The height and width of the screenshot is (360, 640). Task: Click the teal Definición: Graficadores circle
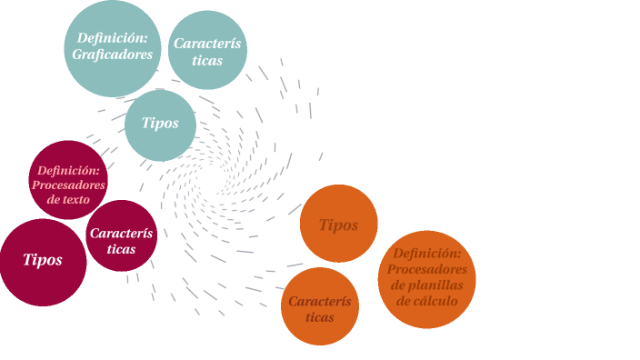pyautogui.click(x=112, y=47)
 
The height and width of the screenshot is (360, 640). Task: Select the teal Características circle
pyautogui.click(x=208, y=50)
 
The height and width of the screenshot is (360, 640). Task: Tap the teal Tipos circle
pyautogui.click(x=160, y=125)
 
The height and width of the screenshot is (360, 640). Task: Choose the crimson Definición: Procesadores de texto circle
pyautogui.click(x=68, y=180)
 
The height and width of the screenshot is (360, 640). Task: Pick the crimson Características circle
pyautogui.click(x=121, y=235)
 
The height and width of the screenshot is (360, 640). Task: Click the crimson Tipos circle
pyautogui.click(x=43, y=262)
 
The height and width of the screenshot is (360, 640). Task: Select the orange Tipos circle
pyautogui.click(x=338, y=223)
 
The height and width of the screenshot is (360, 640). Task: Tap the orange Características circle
pyautogui.click(x=319, y=307)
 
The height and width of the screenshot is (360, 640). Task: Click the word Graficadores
pyautogui.click(x=112, y=55)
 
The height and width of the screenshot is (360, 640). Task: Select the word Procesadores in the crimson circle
pyautogui.click(x=69, y=185)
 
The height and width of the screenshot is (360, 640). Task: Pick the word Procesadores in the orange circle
pyautogui.click(x=427, y=269)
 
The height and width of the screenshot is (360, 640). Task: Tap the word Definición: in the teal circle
pyautogui.click(x=112, y=38)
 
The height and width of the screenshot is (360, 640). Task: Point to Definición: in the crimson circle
pyautogui.click(x=68, y=170)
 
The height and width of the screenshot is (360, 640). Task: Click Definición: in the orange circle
pyautogui.click(x=427, y=254)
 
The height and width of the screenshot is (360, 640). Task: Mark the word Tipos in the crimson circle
pyautogui.click(x=43, y=260)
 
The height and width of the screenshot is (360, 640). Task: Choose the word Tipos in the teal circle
pyautogui.click(x=160, y=124)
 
